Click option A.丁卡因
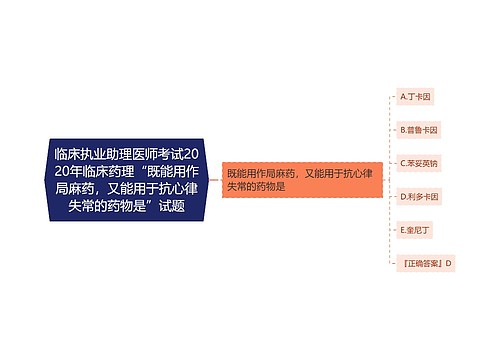[x=415, y=97]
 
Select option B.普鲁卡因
[x=418, y=130]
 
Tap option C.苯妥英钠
[x=418, y=163]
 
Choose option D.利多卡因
[x=418, y=196]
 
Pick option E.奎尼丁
[x=415, y=229]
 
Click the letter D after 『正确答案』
[x=449, y=263]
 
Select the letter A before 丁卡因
[x=402, y=97]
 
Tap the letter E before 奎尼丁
[x=402, y=229]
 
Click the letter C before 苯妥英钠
[x=402, y=163]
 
